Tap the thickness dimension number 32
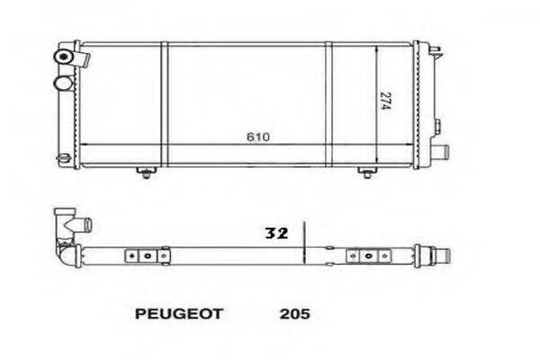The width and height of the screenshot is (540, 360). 275,233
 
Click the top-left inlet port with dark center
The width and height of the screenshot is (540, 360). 66,57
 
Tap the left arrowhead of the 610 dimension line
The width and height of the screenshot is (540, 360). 84,146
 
